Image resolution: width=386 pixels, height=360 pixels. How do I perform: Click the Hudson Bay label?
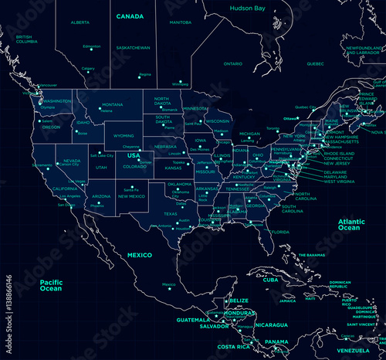pos(247,8)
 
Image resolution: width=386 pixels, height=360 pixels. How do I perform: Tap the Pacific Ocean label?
pos(56,285)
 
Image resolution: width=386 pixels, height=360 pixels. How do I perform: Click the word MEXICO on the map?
pos(140,254)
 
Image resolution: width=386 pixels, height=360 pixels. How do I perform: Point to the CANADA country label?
pos(130,15)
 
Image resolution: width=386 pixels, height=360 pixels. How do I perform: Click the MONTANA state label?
pos(113,104)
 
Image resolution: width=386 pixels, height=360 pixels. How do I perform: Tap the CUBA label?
pos(271,280)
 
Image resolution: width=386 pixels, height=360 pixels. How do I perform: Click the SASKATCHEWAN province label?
pos(133,47)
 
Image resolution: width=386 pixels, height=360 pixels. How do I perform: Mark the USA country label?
pos(134,155)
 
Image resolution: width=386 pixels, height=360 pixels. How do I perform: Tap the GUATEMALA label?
pos(193,319)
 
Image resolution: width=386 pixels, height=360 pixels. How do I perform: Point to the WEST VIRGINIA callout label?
pos(340,182)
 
